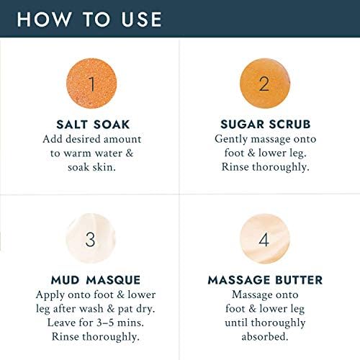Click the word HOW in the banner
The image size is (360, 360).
pos(45,19)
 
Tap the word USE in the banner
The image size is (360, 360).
pos(142,19)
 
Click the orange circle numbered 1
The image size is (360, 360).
pos(91,84)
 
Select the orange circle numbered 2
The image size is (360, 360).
pos(265,84)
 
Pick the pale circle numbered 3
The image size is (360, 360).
pos(91,238)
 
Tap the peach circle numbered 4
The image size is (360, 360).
pos(264,239)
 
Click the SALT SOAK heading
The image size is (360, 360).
pos(93,125)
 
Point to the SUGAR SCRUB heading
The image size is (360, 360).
pos(266,125)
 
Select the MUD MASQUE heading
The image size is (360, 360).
pos(96,280)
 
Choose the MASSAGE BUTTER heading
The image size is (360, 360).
pos(265,280)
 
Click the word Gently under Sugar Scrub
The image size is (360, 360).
pos(231,139)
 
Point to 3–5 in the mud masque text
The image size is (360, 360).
pos(105,323)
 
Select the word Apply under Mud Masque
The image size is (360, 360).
pos(50,295)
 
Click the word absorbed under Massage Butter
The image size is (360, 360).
pos(265,336)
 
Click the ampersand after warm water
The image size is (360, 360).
pos(130,153)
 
